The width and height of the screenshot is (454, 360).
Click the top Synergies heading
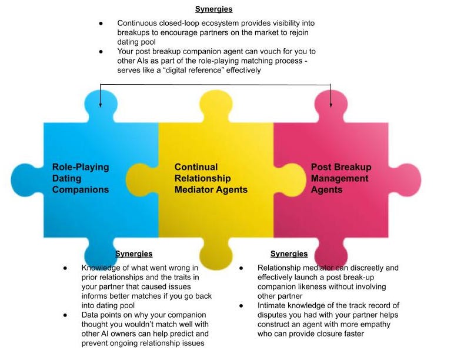click(214, 9)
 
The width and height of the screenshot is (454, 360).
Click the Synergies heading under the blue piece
click(133, 254)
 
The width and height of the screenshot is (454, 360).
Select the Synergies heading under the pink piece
click(289, 254)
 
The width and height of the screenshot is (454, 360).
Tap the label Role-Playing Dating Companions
click(81, 178)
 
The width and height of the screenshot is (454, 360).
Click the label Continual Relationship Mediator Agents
click(211, 178)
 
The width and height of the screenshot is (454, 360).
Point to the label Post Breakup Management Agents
click(341, 178)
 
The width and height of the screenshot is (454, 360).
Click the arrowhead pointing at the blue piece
click(101, 105)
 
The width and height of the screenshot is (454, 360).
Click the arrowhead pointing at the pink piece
click(331, 105)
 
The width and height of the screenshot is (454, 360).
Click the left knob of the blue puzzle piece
click(26, 179)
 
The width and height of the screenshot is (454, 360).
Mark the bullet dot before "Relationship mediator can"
click(242, 268)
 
